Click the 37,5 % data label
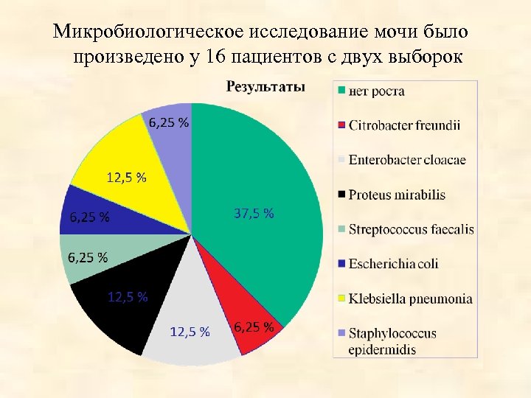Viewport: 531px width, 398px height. tap(254, 214)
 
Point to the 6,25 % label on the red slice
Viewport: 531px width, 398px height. tap(254, 327)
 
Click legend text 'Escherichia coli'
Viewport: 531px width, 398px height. tap(393, 263)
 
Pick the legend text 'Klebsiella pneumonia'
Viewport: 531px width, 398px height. tap(410, 298)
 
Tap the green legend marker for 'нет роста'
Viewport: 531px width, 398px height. tap(341, 91)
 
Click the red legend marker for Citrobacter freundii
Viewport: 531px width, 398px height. tap(341, 125)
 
